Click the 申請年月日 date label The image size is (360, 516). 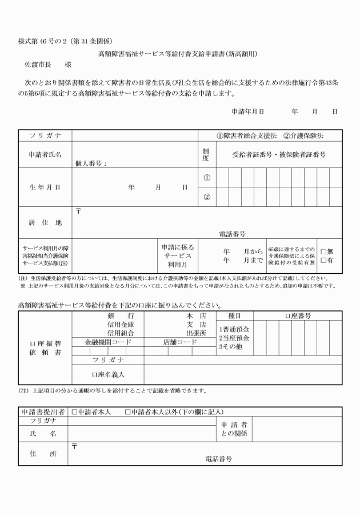247,111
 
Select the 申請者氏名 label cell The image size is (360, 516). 45,154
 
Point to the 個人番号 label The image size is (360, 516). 91,163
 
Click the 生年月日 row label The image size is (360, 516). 45,187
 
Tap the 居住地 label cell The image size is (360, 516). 45,222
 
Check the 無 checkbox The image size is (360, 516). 323,251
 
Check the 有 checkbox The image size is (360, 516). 323,261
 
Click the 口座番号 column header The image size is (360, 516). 298,315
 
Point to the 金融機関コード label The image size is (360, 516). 108,342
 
